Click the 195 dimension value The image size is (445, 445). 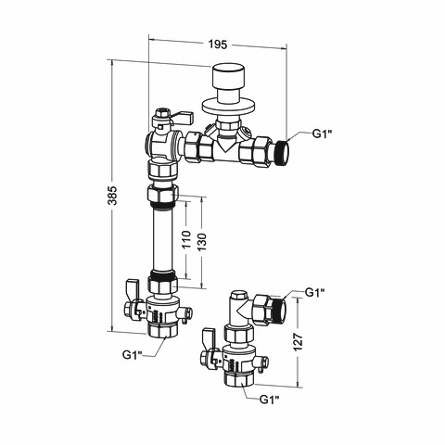[x=217, y=44]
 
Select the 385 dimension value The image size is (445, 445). [x=113, y=196]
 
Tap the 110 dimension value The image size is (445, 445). [x=186, y=239]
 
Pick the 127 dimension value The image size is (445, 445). [x=298, y=342]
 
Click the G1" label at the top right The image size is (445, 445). [x=322, y=134]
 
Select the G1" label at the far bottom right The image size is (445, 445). [x=270, y=400]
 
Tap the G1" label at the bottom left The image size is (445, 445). [x=132, y=355]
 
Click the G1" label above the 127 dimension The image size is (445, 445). [x=315, y=292]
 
